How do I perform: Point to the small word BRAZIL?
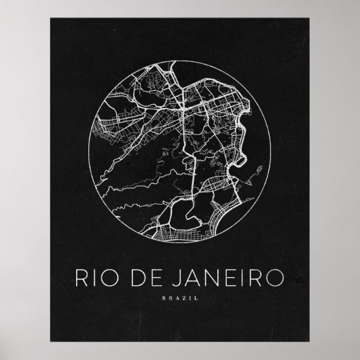coord(180,297)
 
